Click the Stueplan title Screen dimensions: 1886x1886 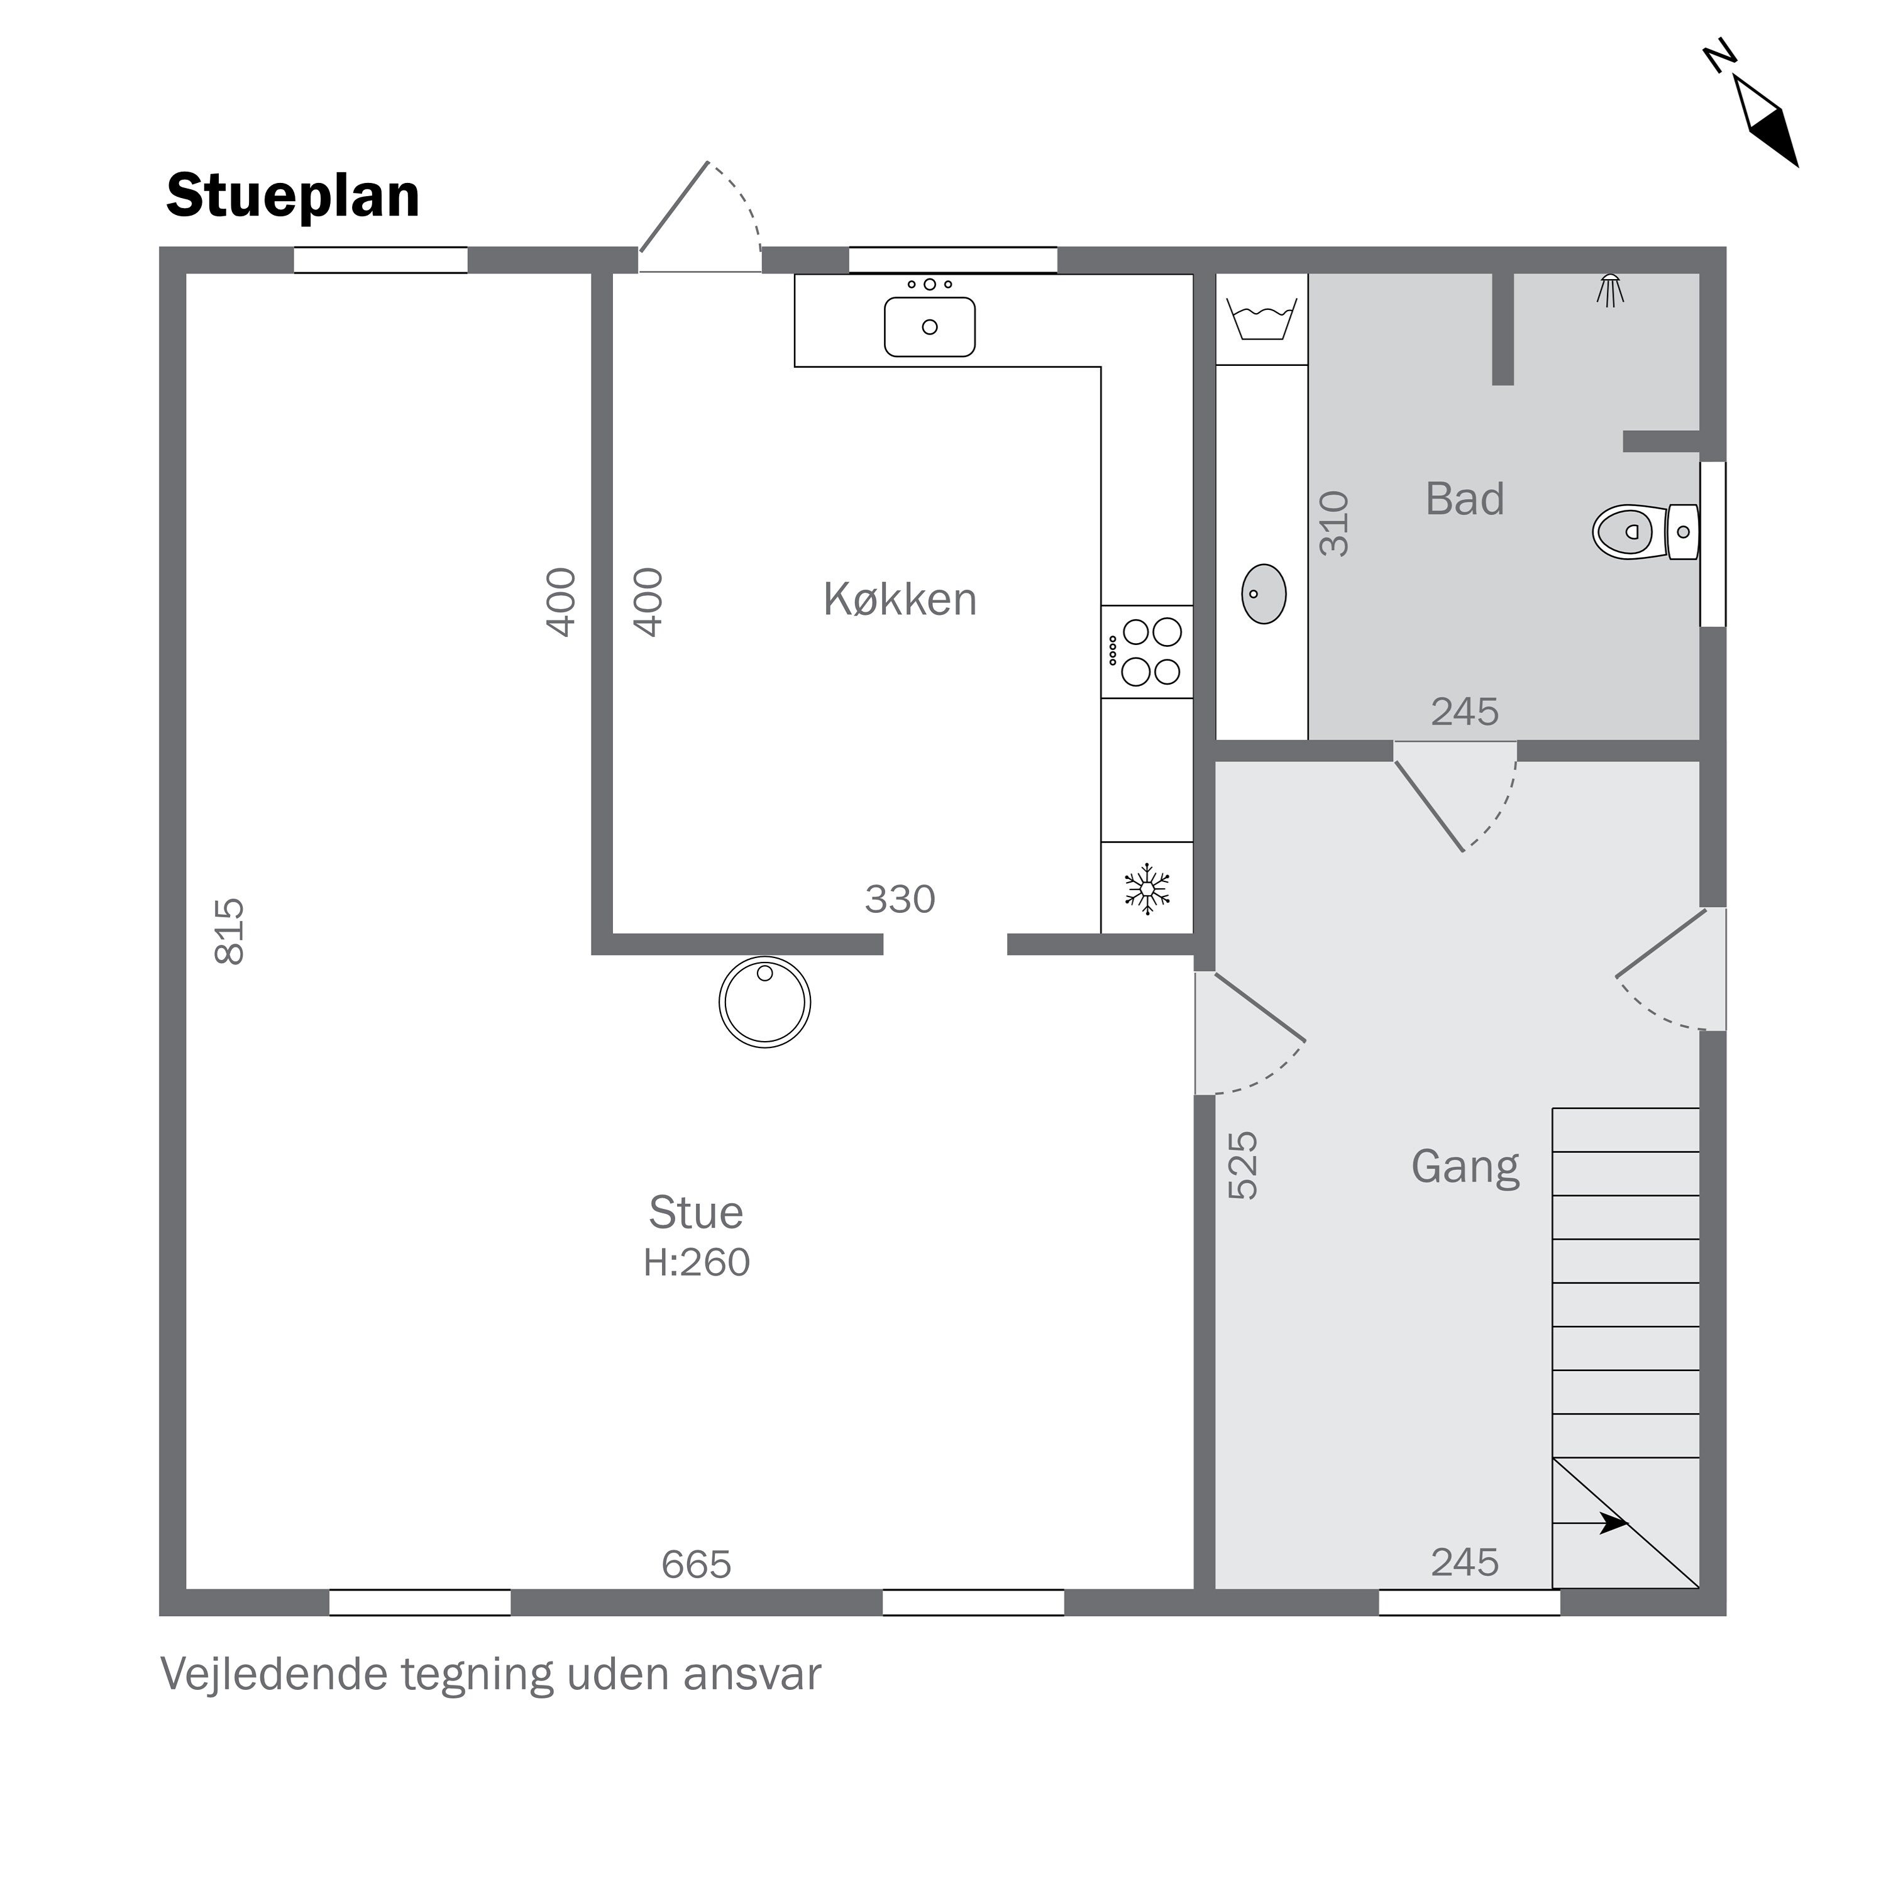click(293, 196)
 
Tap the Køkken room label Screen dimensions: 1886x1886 click(900, 599)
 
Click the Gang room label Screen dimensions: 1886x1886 click(1465, 1167)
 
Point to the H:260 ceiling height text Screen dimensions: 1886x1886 click(696, 1262)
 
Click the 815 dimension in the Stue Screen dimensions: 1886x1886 click(229, 931)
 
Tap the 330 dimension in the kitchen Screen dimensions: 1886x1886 click(900, 899)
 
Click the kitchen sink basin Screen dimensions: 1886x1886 click(929, 326)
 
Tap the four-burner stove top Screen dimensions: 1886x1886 click(1147, 651)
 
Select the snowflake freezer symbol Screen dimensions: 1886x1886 click(1147, 888)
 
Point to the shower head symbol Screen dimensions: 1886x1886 click(1610, 290)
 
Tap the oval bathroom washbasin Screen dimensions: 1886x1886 click(1263, 593)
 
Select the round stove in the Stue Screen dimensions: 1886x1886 click(764, 1001)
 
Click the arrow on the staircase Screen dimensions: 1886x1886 click(1591, 1522)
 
